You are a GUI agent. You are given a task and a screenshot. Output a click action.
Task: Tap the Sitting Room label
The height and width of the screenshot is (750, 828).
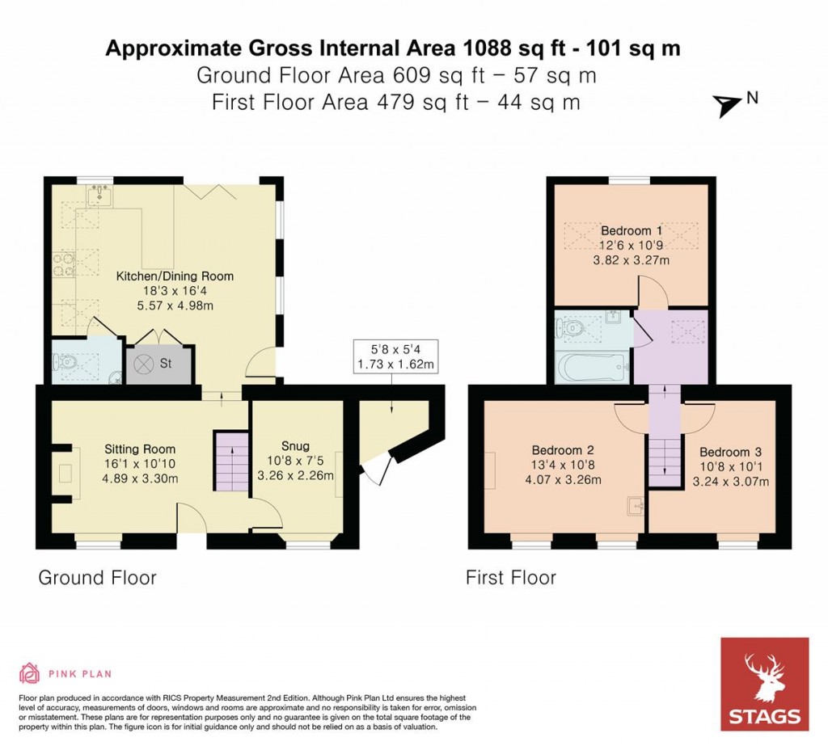pos(140,449)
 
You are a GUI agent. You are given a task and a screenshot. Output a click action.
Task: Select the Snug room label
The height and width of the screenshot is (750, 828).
pos(294,446)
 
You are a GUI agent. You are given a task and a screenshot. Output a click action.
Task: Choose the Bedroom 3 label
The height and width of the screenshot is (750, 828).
pos(730,453)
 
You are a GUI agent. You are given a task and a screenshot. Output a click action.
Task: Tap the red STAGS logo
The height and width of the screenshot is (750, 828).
pos(764,684)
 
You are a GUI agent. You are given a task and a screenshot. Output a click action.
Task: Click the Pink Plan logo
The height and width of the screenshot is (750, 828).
pos(65,673)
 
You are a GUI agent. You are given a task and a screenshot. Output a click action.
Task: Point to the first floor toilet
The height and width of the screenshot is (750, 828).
pos(570,328)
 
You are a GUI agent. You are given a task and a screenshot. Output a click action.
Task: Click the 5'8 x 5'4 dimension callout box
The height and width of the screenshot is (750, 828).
pos(391,356)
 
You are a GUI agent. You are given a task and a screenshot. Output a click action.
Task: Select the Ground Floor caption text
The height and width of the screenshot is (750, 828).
pos(97,578)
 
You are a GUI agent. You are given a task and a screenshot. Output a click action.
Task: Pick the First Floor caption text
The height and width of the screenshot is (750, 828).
pos(510,578)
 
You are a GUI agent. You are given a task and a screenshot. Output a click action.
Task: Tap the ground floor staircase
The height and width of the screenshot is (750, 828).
pos(230,461)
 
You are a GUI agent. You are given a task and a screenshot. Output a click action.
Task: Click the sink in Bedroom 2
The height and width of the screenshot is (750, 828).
pos(635,507)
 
